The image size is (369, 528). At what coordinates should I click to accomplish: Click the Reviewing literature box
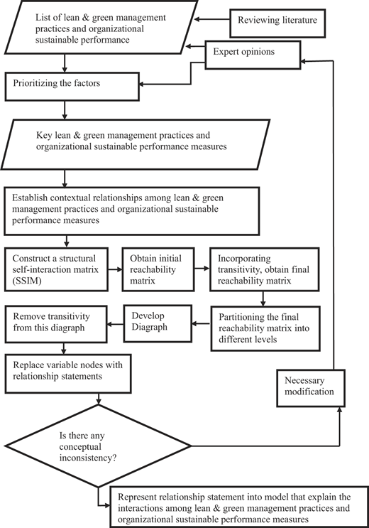(277, 23)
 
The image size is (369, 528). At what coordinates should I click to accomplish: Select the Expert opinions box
(253, 55)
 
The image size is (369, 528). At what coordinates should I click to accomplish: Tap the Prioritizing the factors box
(72, 86)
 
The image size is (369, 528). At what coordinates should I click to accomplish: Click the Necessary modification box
(311, 388)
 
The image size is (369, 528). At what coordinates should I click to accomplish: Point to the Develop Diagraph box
(158, 323)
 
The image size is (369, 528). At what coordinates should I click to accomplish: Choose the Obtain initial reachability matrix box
(158, 269)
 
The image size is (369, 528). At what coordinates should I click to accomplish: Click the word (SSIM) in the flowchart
(27, 281)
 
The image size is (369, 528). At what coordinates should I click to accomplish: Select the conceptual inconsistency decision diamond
(98, 446)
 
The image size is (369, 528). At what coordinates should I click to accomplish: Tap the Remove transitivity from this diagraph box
(56, 324)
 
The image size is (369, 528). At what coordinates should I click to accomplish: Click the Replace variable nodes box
(68, 374)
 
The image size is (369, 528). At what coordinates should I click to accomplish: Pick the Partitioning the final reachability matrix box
(265, 328)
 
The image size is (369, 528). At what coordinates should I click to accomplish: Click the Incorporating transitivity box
(265, 269)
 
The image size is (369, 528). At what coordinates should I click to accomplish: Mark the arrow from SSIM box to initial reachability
(115, 269)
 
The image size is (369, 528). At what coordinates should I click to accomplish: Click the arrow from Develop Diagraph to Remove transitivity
(116, 324)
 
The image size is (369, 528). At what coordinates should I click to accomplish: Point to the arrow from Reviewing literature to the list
(212, 19)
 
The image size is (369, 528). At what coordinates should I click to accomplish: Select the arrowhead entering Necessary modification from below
(340, 409)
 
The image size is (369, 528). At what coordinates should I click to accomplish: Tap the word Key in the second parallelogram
(44, 135)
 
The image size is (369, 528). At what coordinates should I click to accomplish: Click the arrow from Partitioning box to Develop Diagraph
(202, 324)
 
